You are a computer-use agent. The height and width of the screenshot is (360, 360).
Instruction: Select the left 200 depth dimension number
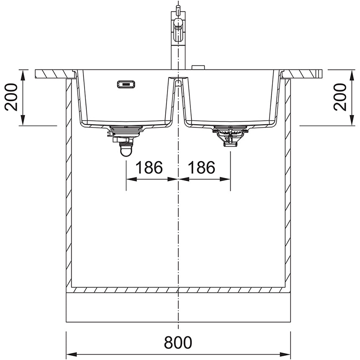click(x=12, y=97)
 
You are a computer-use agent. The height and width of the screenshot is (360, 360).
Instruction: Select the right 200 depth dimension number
click(x=340, y=97)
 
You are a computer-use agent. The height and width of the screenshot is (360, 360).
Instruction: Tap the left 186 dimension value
click(x=149, y=168)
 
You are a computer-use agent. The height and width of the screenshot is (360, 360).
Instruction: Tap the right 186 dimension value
click(x=201, y=168)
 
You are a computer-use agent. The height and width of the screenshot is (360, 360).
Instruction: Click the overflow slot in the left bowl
click(x=126, y=85)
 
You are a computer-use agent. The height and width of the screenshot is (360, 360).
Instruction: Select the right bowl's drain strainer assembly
click(x=230, y=135)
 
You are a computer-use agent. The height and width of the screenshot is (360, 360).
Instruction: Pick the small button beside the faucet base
click(x=198, y=67)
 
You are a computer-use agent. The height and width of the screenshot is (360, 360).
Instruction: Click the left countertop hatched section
click(x=54, y=74)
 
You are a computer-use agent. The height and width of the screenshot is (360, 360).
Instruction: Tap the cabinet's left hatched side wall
click(x=69, y=184)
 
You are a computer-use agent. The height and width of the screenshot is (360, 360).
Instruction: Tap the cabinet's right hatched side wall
click(x=288, y=184)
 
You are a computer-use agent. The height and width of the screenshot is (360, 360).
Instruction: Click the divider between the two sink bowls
click(x=178, y=100)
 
